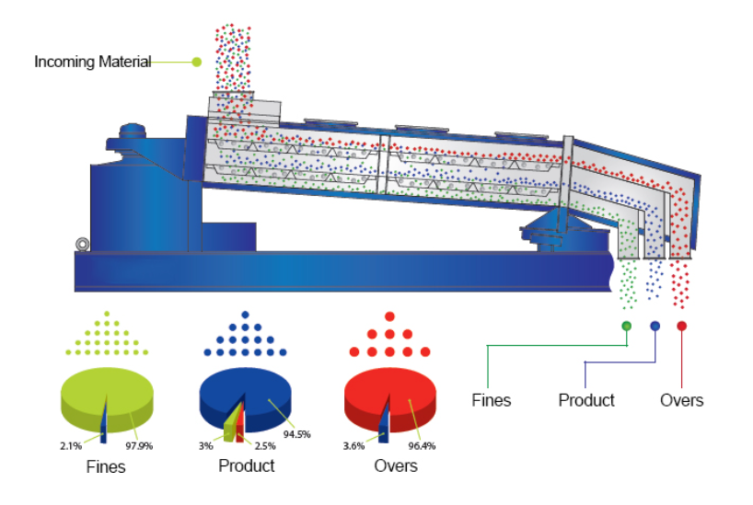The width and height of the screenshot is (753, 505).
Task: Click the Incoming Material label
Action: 92,63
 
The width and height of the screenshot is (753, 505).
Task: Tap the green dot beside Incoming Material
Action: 196,63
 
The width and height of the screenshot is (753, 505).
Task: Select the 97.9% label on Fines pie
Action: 149,448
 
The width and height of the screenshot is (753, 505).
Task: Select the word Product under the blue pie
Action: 246,466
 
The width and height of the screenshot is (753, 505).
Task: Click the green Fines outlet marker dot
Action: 627,326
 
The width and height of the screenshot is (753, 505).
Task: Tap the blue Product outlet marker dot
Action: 655,326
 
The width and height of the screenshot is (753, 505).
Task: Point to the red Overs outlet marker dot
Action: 682,326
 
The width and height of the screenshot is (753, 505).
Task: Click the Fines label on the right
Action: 491,400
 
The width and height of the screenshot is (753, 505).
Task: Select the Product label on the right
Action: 586,400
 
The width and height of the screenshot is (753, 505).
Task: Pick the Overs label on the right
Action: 682,400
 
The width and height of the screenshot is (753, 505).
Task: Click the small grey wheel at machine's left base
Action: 83,245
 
